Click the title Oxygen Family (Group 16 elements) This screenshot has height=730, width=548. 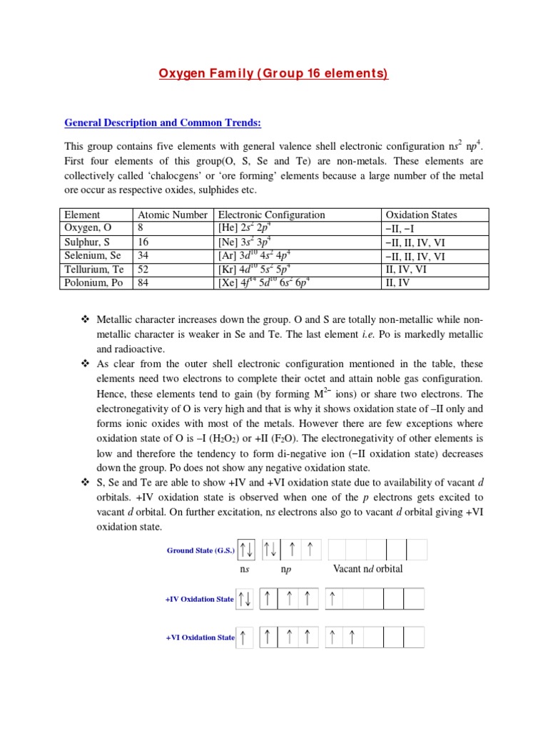pyautogui.click(x=274, y=74)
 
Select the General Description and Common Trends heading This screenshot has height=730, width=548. pyautogui.click(x=163, y=123)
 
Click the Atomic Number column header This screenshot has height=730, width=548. pyautogui.click(x=173, y=215)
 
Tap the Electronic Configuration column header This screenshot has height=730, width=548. pyautogui.click(x=271, y=215)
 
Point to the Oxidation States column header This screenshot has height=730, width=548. pyautogui.click(x=421, y=215)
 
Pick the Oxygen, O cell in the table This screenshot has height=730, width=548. pyautogui.click(x=88, y=228)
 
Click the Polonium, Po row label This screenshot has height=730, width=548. pyautogui.click(x=93, y=282)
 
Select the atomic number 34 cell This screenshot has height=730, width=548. pyautogui.click(x=145, y=255)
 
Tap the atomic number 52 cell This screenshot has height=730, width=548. pyautogui.click(x=145, y=269)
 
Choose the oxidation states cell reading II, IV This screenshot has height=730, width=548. pyautogui.click(x=398, y=282)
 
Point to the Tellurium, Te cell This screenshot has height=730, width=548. pyautogui.click(x=93, y=269)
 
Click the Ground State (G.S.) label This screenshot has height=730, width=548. pyautogui.click(x=201, y=550)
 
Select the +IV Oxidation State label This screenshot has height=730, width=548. pyautogui.click(x=199, y=600)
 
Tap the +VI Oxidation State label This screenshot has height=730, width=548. pyautogui.click(x=199, y=637)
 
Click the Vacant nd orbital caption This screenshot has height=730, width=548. pyautogui.click(x=367, y=569)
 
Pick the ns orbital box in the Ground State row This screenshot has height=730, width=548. pyautogui.click(x=247, y=550)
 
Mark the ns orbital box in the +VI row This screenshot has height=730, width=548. pyautogui.click(x=244, y=637)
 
